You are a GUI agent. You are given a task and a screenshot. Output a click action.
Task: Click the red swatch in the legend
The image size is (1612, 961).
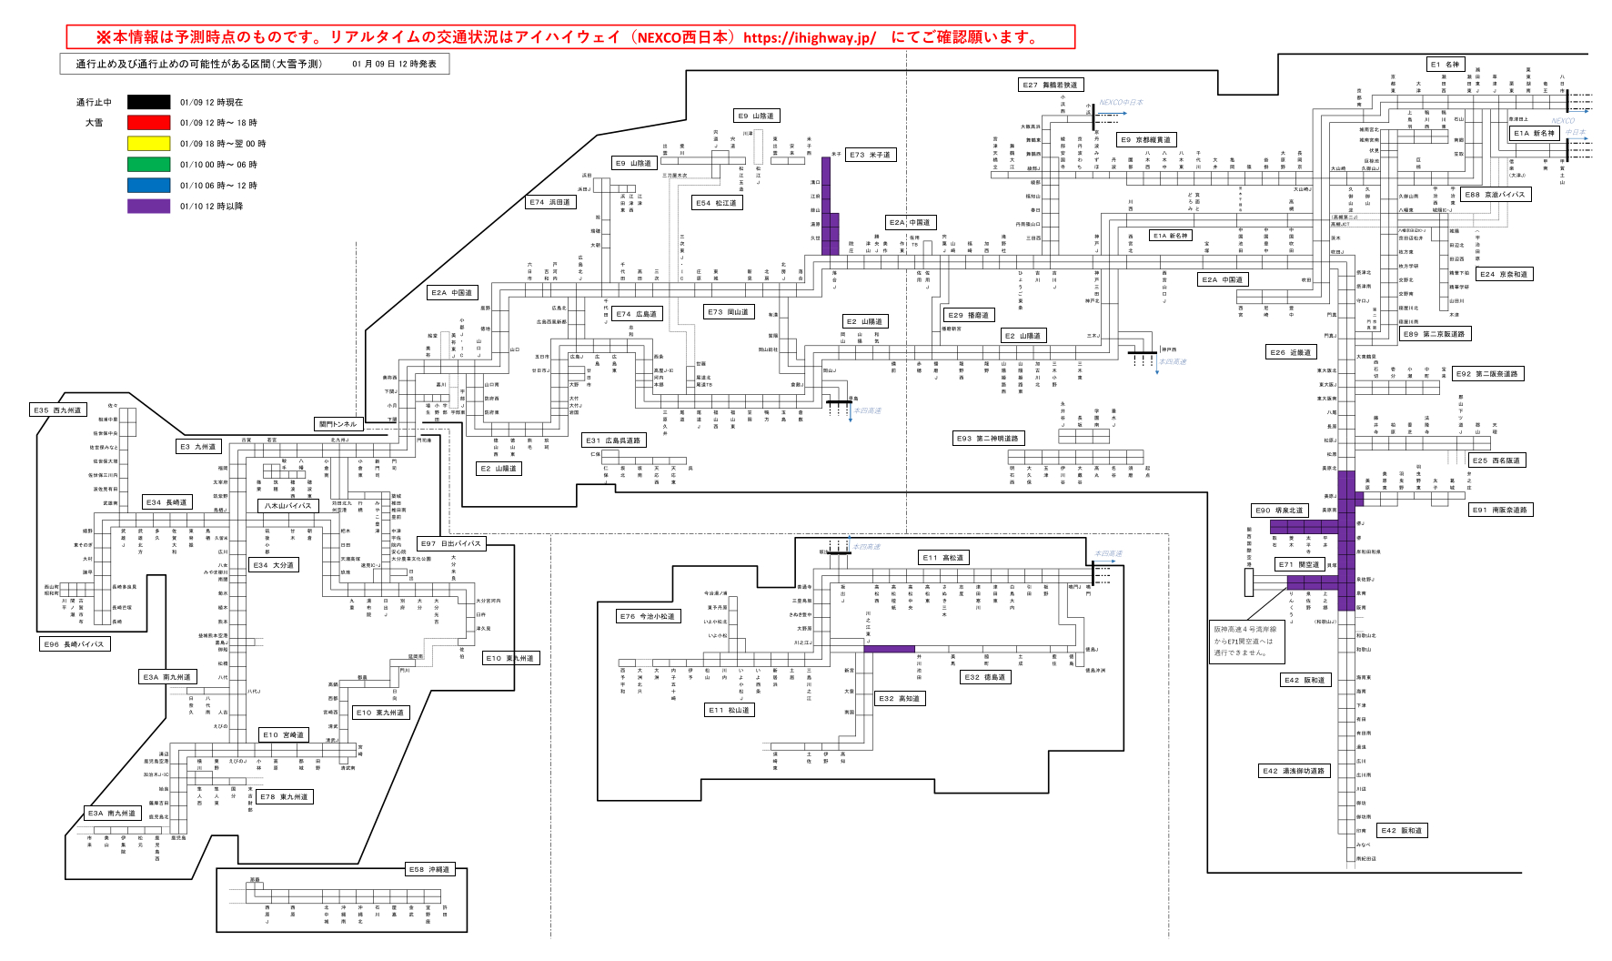pyautogui.click(x=148, y=123)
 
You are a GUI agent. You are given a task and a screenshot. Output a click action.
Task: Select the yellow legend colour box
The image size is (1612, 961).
pyautogui.click(x=148, y=144)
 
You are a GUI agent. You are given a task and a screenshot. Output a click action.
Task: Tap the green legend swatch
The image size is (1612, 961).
pyautogui.click(x=148, y=165)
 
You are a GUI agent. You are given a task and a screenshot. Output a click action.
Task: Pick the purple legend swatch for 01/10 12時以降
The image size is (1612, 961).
pyautogui.click(x=148, y=207)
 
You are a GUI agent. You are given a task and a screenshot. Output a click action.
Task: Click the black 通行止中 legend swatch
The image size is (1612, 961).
pyautogui.click(x=148, y=102)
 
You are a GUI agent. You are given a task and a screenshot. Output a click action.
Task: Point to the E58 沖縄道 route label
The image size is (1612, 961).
pyautogui.click(x=428, y=870)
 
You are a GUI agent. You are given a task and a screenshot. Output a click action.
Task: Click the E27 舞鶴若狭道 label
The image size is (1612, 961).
pyautogui.click(x=1050, y=85)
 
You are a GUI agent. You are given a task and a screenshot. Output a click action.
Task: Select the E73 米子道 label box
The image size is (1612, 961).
pyautogui.click(x=870, y=155)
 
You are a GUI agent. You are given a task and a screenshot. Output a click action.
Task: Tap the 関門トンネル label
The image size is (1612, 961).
pyautogui.click(x=338, y=424)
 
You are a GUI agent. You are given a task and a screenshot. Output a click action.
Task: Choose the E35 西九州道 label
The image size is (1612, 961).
pyautogui.click(x=58, y=410)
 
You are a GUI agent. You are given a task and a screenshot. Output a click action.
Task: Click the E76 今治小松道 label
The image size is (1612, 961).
pyautogui.click(x=648, y=616)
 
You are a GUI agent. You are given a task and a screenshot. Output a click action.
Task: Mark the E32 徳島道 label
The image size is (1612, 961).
pyautogui.click(x=985, y=677)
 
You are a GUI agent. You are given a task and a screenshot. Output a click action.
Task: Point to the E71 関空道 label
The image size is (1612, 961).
pyautogui.click(x=1298, y=564)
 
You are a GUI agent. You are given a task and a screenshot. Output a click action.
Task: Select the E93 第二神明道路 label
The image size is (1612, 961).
pyautogui.click(x=987, y=439)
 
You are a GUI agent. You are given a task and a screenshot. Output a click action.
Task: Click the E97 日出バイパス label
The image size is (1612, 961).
pyautogui.click(x=452, y=543)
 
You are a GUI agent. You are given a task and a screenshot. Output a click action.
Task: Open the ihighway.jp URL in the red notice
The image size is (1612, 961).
pyautogui.click(x=809, y=37)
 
